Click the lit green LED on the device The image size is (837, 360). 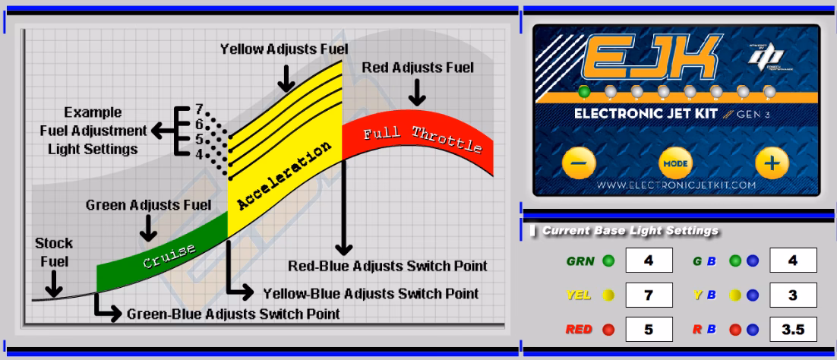pyautogui.click(x=584, y=92)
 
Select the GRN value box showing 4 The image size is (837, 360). pyautogui.click(x=648, y=261)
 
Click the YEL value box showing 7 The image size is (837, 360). pyautogui.click(x=648, y=295)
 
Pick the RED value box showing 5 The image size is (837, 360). pyautogui.click(x=648, y=330)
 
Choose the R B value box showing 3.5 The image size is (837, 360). pyautogui.click(x=793, y=330)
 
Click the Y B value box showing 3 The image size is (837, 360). pyautogui.click(x=793, y=295)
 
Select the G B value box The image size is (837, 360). pyautogui.click(x=793, y=261)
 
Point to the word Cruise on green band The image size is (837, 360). pyautogui.click(x=169, y=257)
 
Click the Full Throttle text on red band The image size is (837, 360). pyautogui.click(x=422, y=139)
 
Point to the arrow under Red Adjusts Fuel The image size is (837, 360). pyautogui.click(x=417, y=94)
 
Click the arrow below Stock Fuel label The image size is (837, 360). pyautogui.click(x=53, y=285)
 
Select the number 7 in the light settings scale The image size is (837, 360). pyautogui.click(x=199, y=108)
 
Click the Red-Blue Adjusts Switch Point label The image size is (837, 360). pyautogui.click(x=387, y=267)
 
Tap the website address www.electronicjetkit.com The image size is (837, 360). pyautogui.click(x=675, y=185)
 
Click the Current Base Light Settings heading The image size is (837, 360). pyautogui.click(x=630, y=230)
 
